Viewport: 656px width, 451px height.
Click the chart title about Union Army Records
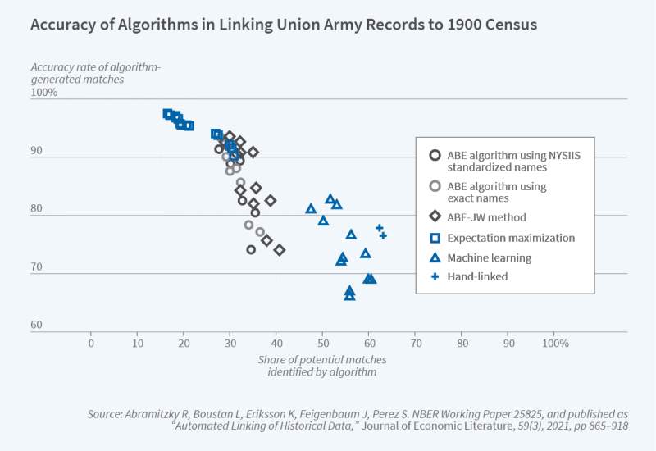(284, 25)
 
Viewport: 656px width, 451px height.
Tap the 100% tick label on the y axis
(44, 93)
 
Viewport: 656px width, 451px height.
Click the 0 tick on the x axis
(91, 343)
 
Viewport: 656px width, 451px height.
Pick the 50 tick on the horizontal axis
(323, 343)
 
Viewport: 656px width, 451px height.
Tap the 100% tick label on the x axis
(555, 343)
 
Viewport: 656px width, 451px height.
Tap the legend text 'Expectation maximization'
(511, 238)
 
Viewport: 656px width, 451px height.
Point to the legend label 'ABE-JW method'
(486, 217)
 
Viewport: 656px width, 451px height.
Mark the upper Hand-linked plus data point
(380, 228)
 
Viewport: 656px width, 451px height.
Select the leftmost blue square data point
(167, 114)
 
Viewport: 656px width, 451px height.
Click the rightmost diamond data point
(280, 250)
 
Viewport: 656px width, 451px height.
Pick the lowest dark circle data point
(251, 249)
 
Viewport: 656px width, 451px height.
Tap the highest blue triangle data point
(330, 198)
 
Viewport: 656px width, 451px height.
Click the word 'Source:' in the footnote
(107, 415)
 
